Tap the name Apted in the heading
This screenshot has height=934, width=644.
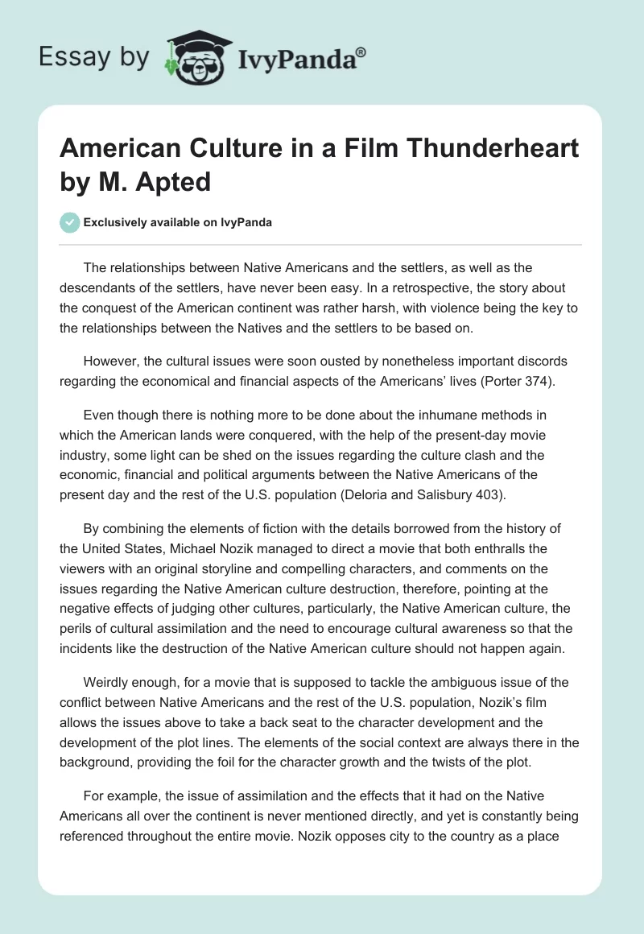[x=171, y=181]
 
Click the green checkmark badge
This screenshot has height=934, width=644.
[x=70, y=222]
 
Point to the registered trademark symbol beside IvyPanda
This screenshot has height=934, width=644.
[x=361, y=52]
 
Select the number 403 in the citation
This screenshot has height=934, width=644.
[x=485, y=495]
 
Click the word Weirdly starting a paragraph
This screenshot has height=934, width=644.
[x=109, y=682]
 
